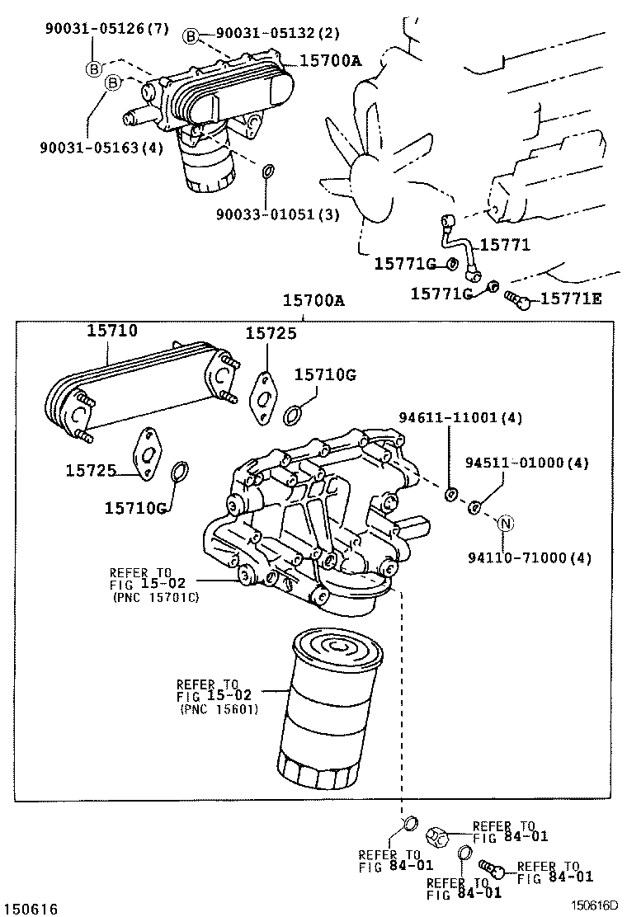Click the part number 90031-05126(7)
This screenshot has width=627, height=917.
[x=107, y=30]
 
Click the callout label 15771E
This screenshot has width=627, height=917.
[x=571, y=299]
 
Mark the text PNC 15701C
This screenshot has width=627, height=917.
[x=156, y=598]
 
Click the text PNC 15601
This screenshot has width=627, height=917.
[x=219, y=708]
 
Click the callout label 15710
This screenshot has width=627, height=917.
[x=113, y=331]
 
